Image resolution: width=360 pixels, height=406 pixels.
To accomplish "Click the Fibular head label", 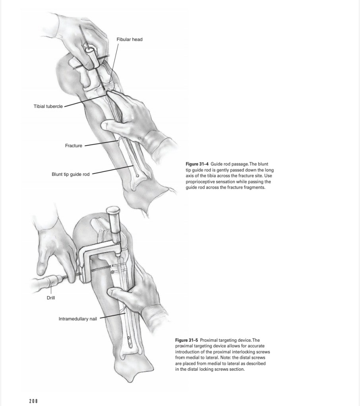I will coord(129,39).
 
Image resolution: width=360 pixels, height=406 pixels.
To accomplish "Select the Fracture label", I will coord(74,146).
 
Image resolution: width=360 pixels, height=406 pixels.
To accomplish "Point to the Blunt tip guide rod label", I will coord(70,174).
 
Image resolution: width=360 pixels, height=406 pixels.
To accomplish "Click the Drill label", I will coord(51,298).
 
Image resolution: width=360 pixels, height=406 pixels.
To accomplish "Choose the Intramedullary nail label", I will coord(77,319).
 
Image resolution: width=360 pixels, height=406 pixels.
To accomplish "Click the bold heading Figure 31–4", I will coord(197,164).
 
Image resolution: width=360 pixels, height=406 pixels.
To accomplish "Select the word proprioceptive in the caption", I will coord(201,181).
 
